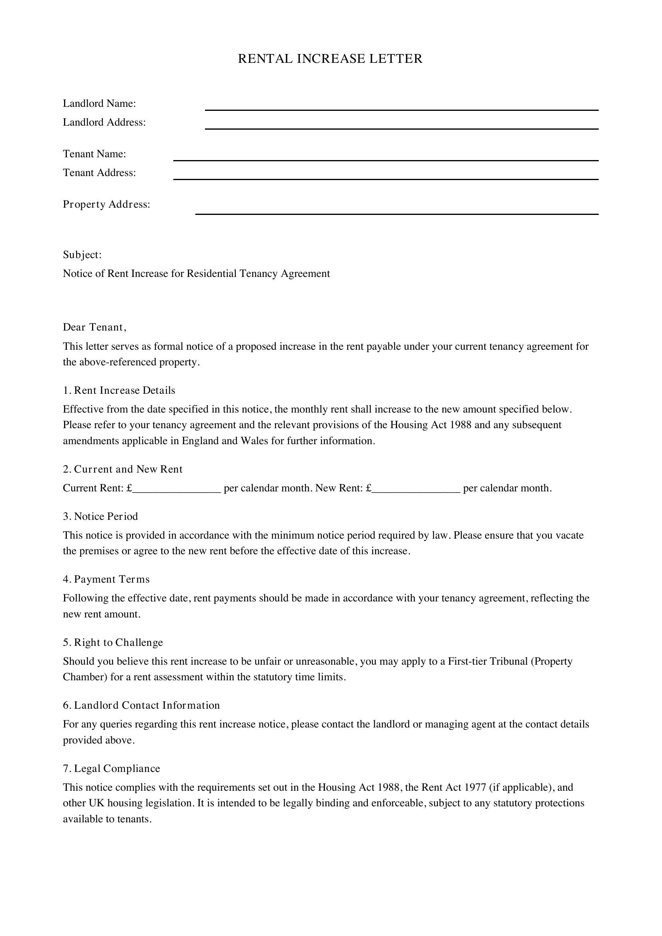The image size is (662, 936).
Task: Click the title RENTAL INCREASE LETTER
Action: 330,59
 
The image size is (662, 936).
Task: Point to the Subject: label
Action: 82,255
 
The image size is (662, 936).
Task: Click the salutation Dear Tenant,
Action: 94,327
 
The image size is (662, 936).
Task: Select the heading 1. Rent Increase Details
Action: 119,391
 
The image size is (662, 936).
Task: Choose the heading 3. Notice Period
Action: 100,517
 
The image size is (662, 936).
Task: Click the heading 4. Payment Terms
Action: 106,579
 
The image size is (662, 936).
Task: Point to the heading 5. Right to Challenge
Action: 113,643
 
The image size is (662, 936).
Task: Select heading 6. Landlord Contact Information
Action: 141,705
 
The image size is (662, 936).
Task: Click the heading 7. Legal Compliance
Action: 111,768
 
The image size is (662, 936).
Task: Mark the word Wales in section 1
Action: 255,441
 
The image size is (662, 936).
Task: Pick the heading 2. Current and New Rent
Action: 123,469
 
